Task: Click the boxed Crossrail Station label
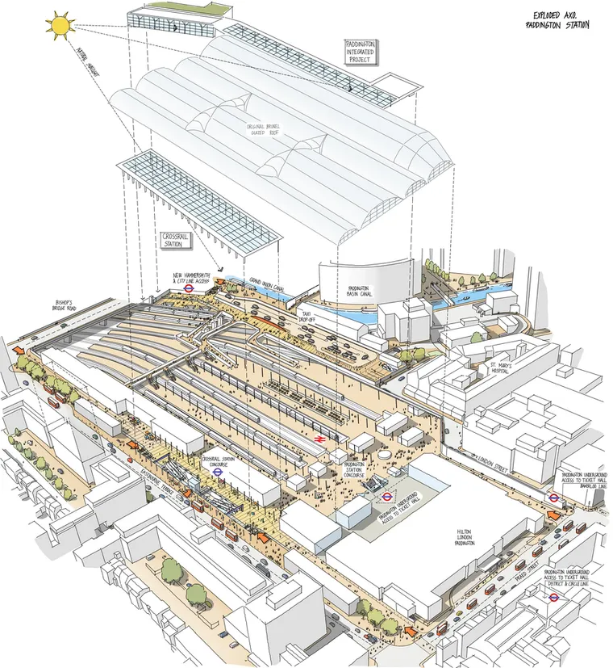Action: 173,240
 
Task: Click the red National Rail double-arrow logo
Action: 320,437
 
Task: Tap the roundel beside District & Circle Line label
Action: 554,599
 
